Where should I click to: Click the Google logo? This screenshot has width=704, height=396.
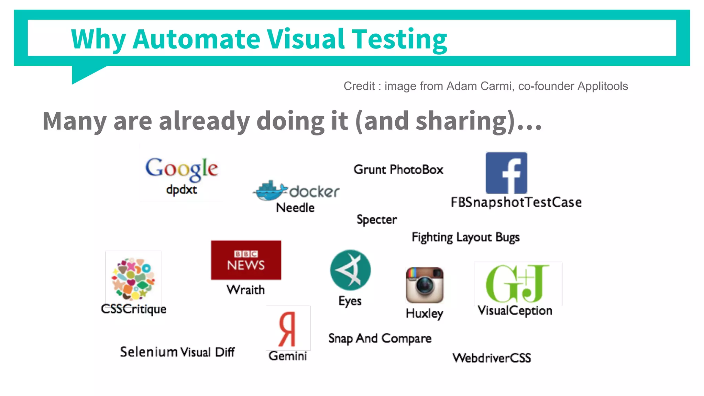tap(181, 168)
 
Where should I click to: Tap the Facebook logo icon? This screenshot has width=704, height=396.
tap(506, 173)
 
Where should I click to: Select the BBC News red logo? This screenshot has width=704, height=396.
tap(246, 260)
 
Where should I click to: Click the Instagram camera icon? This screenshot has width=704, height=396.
tap(425, 285)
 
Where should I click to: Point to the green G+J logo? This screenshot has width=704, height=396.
tap(517, 283)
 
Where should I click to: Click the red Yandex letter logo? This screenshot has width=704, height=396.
tap(287, 329)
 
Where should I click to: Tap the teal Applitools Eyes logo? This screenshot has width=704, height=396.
tap(350, 270)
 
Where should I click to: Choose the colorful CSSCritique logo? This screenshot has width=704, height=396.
tap(133, 278)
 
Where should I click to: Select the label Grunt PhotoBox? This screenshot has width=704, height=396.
tap(398, 169)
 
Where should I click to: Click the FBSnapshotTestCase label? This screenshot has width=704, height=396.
tap(516, 202)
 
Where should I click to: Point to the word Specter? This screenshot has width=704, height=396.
tap(377, 220)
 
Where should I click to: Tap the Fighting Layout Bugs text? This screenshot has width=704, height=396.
tap(465, 237)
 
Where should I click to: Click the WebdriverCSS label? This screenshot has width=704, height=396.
tap(492, 358)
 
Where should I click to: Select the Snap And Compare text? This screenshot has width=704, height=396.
tap(379, 338)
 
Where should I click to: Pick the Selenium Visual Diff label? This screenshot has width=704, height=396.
tap(177, 352)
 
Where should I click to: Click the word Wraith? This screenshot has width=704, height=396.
tap(245, 290)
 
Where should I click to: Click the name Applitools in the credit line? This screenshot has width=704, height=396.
tap(603, 86)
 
